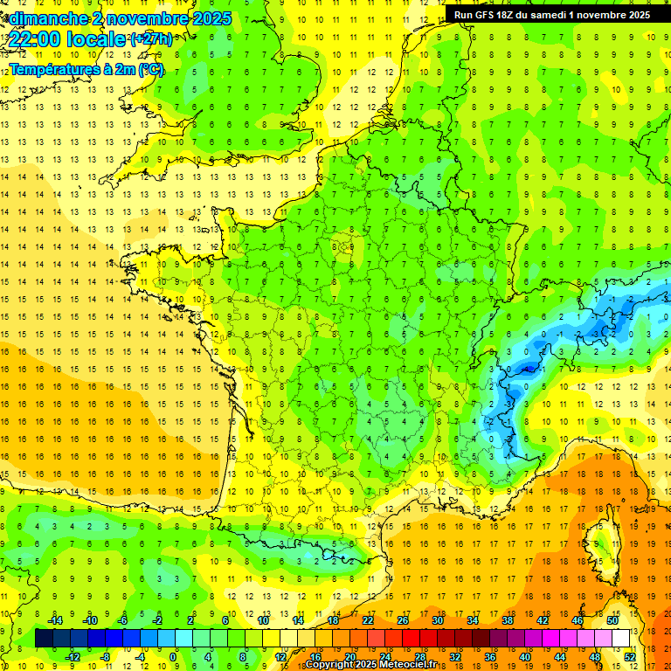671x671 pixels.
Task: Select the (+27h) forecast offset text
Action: (151, 38)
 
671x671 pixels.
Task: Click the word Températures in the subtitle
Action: (52, 69)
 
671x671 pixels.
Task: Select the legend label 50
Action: (612, 619)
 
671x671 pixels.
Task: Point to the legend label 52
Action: (629, 657)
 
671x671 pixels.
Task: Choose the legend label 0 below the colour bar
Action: (173, 657)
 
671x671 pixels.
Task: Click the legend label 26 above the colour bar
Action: (402, 619)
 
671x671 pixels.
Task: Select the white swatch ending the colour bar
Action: (621, 639)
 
